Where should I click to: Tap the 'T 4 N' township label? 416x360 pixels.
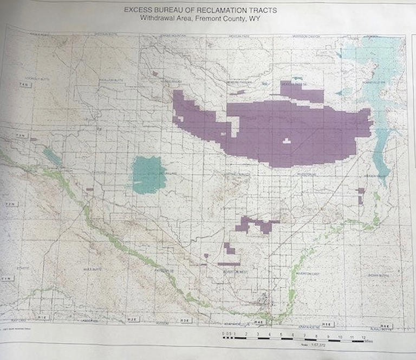(x=23, y=86)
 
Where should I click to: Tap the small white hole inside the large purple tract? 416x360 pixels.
(x=287, y=141)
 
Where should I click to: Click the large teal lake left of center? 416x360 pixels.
(x=148, y=175)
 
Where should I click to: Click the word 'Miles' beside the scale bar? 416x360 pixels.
(x=369, y=342)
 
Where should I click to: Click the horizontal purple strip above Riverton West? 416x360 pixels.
(x=229, y=264)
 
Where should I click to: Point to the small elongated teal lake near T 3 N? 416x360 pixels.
(x=53, y=157)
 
